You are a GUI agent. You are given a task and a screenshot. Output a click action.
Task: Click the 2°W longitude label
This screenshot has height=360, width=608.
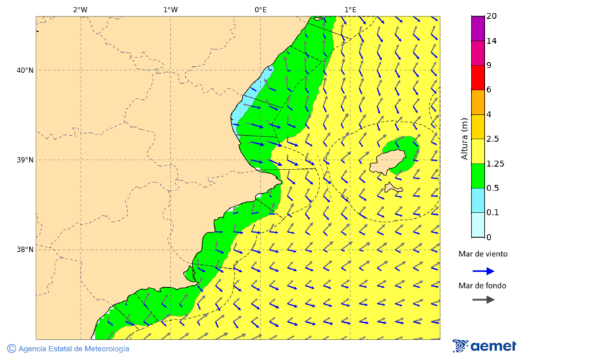tap(80, 9)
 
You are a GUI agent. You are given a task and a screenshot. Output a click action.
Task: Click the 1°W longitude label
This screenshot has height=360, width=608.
tap(170, 9)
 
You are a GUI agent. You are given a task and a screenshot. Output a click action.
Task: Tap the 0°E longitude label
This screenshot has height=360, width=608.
tap(260, 9)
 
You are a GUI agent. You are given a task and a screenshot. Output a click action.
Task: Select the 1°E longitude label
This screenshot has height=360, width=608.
tap(350, 9)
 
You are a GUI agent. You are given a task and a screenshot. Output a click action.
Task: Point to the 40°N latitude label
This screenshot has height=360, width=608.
tap(25, 70)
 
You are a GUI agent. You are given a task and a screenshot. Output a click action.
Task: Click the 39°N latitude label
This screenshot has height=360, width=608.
tap(25, 160)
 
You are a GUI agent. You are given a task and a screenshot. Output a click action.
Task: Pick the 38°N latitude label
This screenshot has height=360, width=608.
tap(25, 250)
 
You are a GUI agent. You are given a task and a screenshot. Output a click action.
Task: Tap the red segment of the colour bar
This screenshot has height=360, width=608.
tap(478, 77)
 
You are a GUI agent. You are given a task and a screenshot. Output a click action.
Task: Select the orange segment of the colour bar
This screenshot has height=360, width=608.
tap(478, 102)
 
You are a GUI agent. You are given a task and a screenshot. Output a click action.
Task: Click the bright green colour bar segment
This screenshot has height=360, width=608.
tap(478, 176)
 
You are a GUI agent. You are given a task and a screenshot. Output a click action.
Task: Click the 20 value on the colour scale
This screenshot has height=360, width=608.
tap(492, 16)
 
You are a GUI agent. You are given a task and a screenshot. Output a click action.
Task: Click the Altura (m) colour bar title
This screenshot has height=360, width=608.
tap(464, 139)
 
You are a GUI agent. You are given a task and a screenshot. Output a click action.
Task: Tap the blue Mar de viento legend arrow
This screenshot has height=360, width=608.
tap(483, 271)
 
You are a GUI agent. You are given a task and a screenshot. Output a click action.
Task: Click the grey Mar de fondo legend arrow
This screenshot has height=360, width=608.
tap(483, 300)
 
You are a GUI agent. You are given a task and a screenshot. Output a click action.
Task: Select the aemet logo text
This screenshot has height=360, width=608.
tap(493, 346)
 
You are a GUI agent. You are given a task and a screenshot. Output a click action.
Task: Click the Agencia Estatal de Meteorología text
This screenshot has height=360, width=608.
tap(74, 349)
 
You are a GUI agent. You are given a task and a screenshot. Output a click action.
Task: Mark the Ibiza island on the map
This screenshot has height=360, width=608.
tap(390, 163)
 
